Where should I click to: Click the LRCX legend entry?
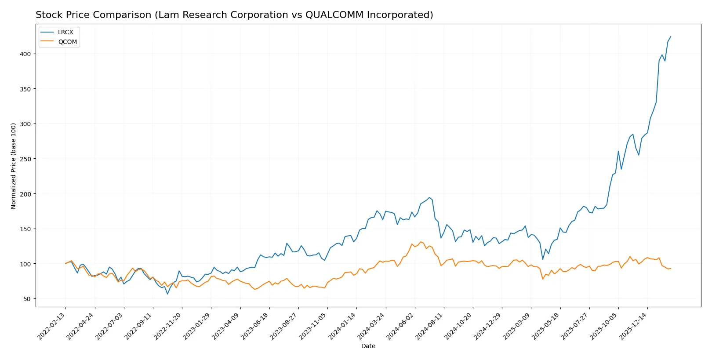click(x=65, y=33)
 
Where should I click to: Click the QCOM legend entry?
click(x=67, y=42)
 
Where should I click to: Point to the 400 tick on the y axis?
click(x=25, y=54)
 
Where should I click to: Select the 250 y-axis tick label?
click(x=25, y=159)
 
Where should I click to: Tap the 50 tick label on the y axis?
click(x=27, y=299)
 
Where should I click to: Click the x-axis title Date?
click(x=368, y=346)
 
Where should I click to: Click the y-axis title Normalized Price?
click(x=14, y=166)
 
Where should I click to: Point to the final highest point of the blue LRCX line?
click(x=671, y=36)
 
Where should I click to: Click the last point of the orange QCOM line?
click(x=671, y=269)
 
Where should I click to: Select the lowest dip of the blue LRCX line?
click(x=167, y=294)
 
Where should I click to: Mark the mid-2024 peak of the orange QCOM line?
click(x=421, y=242)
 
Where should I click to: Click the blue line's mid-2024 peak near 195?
click(x=429, y=197)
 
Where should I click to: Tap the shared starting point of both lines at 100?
click(x=65, y=263)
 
